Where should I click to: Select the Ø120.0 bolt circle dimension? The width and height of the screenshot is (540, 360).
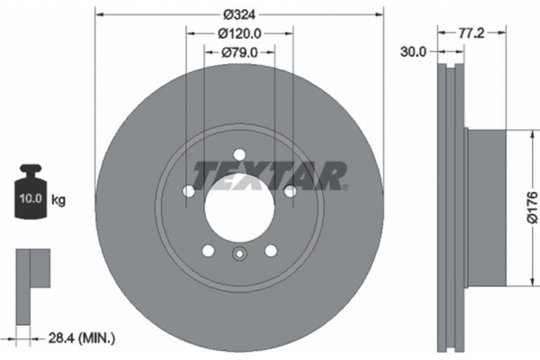(238, 33)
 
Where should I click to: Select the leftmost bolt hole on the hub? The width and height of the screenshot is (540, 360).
(188, 191)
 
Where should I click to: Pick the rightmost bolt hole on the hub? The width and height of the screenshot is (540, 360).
(290, 191)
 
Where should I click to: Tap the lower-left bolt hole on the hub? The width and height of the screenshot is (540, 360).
(208, 249)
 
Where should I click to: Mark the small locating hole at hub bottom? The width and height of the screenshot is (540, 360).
(238, 255)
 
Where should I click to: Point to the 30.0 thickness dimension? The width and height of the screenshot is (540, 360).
(413, 53)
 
